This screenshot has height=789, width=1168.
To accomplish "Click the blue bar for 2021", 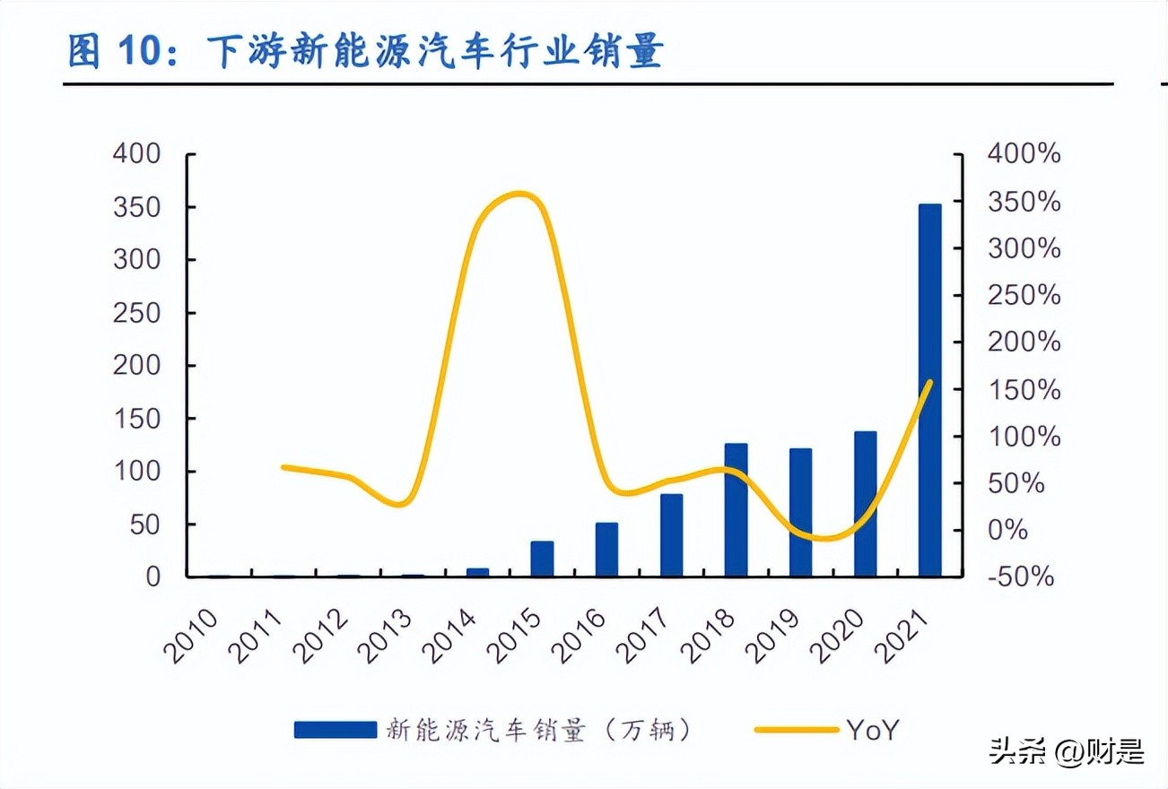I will (929, 390).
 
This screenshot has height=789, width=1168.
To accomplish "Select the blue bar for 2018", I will (736, 509).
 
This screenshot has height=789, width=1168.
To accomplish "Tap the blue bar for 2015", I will (542, 558).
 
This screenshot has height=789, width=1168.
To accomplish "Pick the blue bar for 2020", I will (865, 503).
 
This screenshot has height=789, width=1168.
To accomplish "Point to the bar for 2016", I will (606, 549).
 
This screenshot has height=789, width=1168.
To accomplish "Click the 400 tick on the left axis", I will (136, 154).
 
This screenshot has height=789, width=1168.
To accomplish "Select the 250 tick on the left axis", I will (136, 313).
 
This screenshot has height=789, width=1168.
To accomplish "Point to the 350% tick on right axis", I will (1024, 202).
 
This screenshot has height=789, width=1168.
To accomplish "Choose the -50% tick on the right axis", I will (1021, 577).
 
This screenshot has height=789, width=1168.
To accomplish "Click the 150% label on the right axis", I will (1024, 389).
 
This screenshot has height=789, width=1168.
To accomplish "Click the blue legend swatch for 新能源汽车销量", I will (335, 730).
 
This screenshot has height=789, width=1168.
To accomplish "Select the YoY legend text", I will (870, 730).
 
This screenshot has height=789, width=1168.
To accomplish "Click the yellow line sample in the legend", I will (795, 730).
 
